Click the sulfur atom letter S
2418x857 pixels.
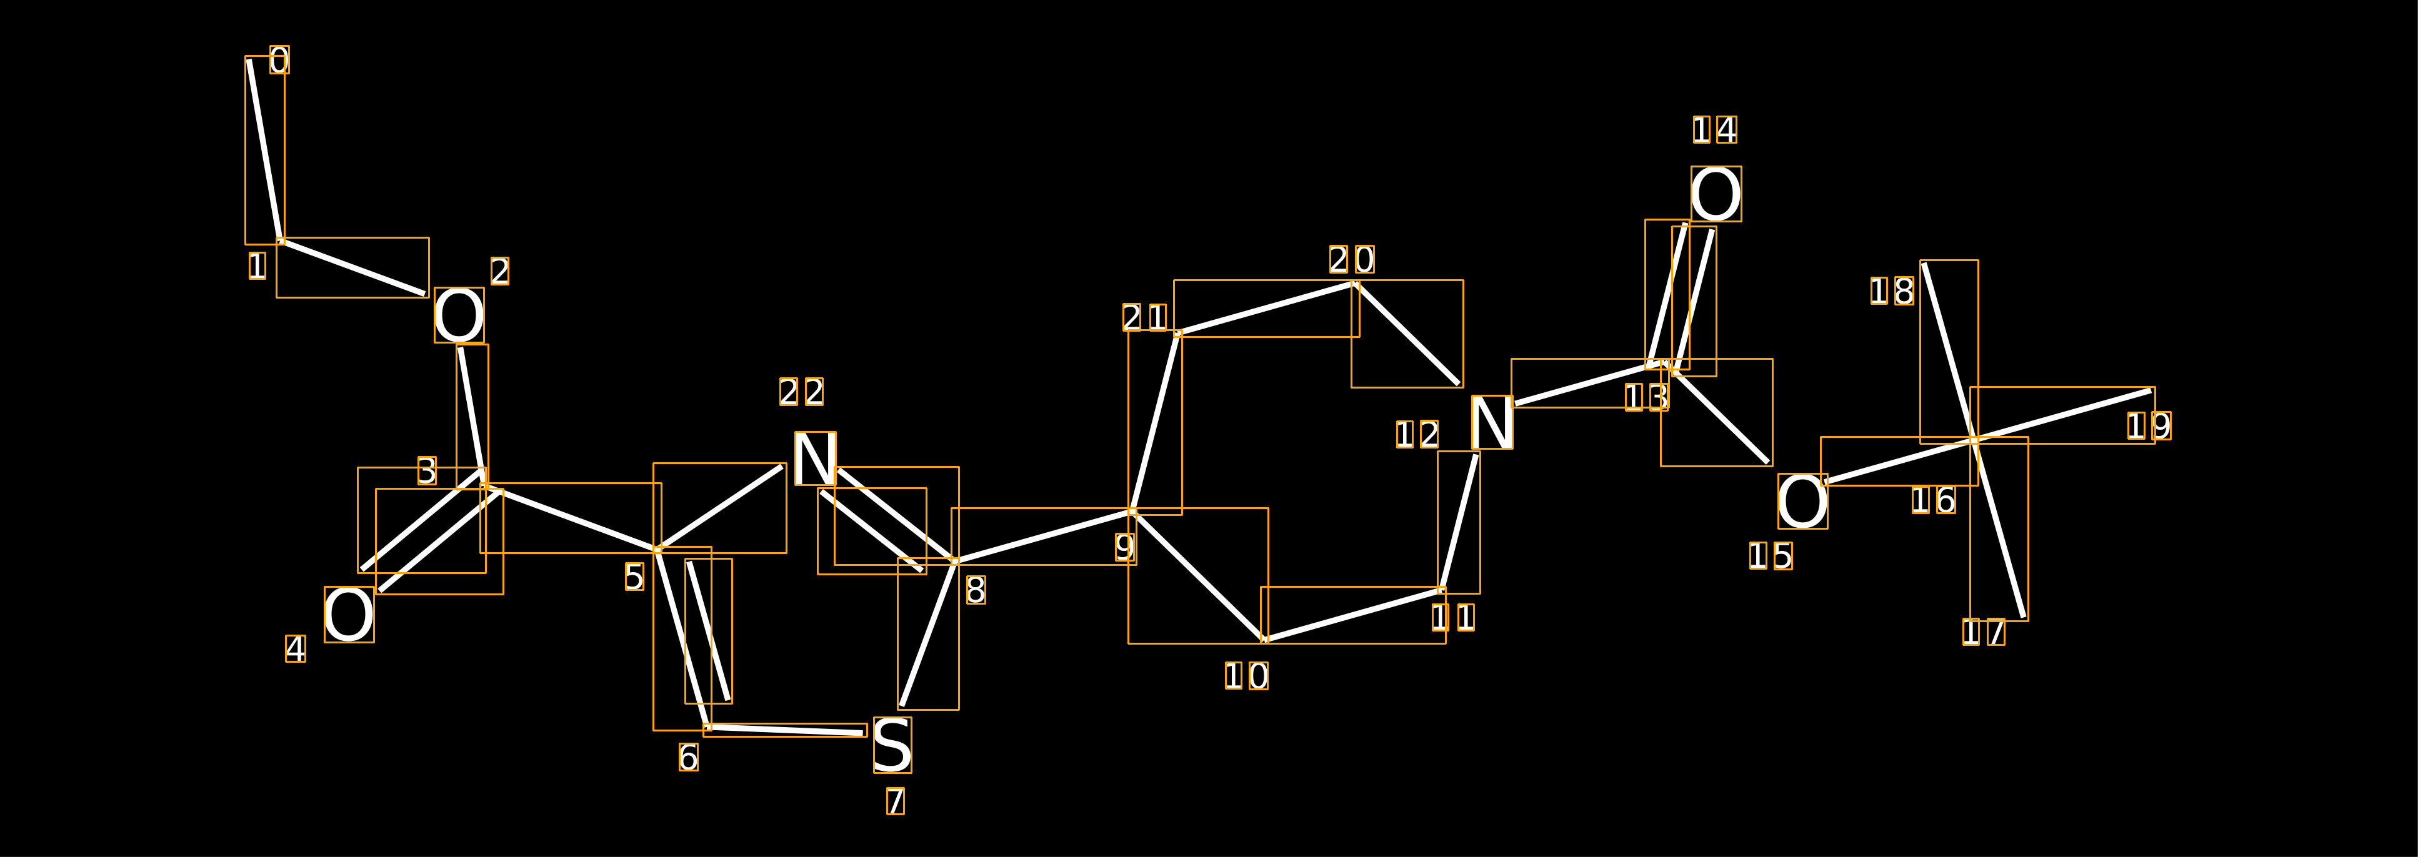892,745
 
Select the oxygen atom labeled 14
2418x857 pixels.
1716,194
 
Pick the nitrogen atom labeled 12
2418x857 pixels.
1492,422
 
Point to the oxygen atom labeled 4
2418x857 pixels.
349,615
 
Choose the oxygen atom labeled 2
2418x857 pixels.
459,315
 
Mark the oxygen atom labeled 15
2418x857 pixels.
1802,501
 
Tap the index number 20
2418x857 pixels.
1352,259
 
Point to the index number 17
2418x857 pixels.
1984,632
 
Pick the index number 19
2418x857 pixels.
2149,426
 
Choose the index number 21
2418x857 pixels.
1145,317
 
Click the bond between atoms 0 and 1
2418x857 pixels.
265,150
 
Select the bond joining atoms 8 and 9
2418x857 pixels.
1044,536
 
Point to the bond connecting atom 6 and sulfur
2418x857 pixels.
785,730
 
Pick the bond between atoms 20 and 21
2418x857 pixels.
1266,308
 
